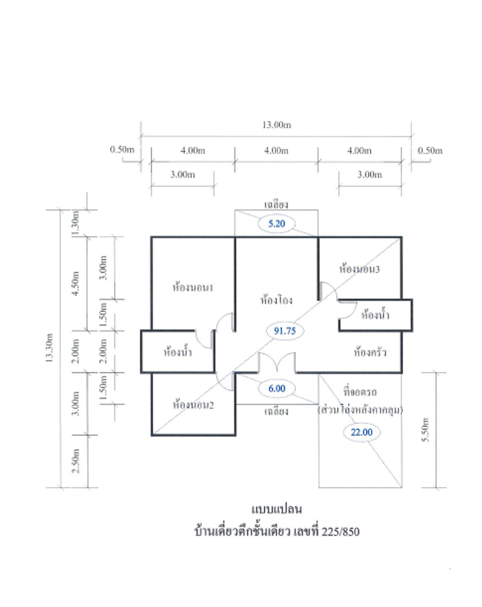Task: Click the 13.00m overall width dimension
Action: (x=276, y=125)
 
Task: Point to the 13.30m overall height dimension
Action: (x=49, y=348)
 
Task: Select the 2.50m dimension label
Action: (x=76, y=461)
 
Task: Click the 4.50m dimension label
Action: (x=76, y=283)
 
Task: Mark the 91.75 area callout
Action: (x=285, y=331)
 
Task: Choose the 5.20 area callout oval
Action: (x=276, y=224)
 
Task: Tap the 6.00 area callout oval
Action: (x=277, y=388)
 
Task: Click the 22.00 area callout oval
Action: (x=361, y=432)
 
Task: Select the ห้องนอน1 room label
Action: (x=193, y=288)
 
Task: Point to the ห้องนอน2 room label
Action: (x=193, y=405)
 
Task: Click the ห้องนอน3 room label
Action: (x=359, y=269)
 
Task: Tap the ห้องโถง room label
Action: (x=276, y=300)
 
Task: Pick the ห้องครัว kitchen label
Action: (x=370, y=353)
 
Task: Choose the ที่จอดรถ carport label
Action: (x=360, y=392)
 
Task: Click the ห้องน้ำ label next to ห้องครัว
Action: (x=375, y=315)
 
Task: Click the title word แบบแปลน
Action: (x=277, y=509)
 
